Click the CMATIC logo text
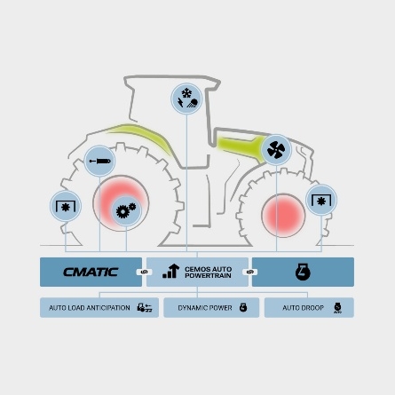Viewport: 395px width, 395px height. click(91, 272)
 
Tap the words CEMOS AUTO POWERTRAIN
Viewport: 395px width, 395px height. click(208, 273)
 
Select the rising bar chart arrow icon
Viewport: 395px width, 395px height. click(171, 271)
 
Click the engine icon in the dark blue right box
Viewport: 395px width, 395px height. click(303, 272)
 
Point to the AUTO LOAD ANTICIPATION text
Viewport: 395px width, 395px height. click(90, 308)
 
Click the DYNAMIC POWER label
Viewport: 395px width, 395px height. click(205, 308)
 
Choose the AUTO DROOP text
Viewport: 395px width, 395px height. click(303, 308)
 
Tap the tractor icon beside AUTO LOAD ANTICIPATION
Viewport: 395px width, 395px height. click(145, 308)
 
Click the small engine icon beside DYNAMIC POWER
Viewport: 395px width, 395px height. click(243, 307)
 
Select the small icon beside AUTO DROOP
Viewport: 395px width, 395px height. click(337, 308)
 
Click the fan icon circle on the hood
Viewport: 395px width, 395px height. click(276, 150)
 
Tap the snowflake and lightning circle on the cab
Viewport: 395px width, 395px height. click(186, 99)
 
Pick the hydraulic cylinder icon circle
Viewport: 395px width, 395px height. click(99, 161)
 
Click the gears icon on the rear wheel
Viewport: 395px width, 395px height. click(126, 211)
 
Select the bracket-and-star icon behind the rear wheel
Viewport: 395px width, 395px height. click(66, 206)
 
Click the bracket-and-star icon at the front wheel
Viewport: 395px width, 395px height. click(321, 201)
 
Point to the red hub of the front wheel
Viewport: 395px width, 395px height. click(283, 216)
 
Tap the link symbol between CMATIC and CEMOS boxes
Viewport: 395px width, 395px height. click(144, 272)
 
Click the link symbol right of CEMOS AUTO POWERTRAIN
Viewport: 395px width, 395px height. click(249, 272)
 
